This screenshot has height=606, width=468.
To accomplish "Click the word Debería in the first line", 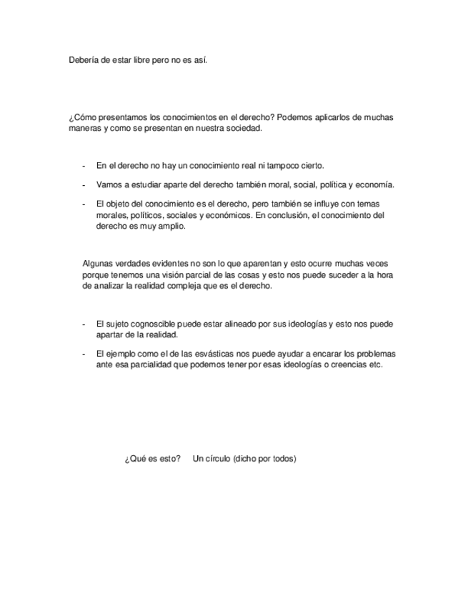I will (83, 61).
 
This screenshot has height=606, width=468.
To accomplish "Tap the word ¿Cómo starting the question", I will (81, 117).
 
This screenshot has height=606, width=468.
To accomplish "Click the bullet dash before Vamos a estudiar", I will (85, 184).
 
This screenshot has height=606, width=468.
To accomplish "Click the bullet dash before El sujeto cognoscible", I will (85, 324).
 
